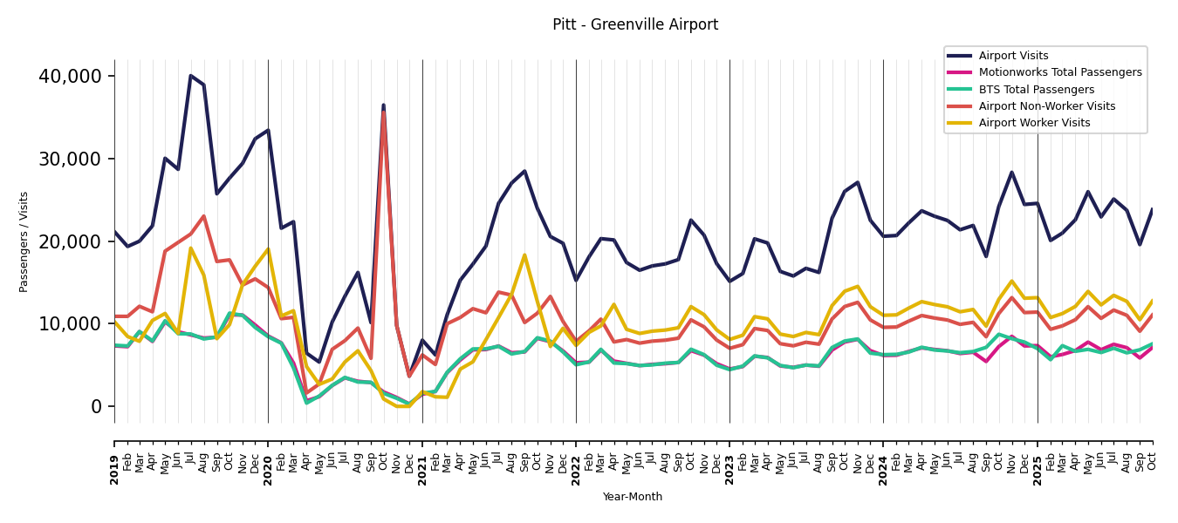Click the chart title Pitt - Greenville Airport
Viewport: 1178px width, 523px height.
coord(635,25)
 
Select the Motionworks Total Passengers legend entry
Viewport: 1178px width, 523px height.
coord(1059,72)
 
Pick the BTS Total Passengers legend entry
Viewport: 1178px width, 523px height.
coord(1036,90)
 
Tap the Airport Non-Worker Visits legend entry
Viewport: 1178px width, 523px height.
coord(1046,106)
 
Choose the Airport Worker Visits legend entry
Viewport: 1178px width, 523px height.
coord(1034,123)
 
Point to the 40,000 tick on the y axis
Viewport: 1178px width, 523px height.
coord(70,77)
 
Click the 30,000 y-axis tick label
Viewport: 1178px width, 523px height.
coord(70,160)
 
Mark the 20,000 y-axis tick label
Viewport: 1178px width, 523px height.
coord(70,241)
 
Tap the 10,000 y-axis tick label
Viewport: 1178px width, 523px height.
coord(70,324)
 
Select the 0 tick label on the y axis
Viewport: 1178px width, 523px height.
coord(96,407)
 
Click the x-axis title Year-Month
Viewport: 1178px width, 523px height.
coord(633,497)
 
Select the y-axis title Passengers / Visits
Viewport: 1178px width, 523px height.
coord(24,241)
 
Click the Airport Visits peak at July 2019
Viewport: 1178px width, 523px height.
coord(191,76)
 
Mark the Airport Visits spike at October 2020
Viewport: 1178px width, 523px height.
coord(383,105)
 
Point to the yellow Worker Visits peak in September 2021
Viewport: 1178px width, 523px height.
coord(524,255)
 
